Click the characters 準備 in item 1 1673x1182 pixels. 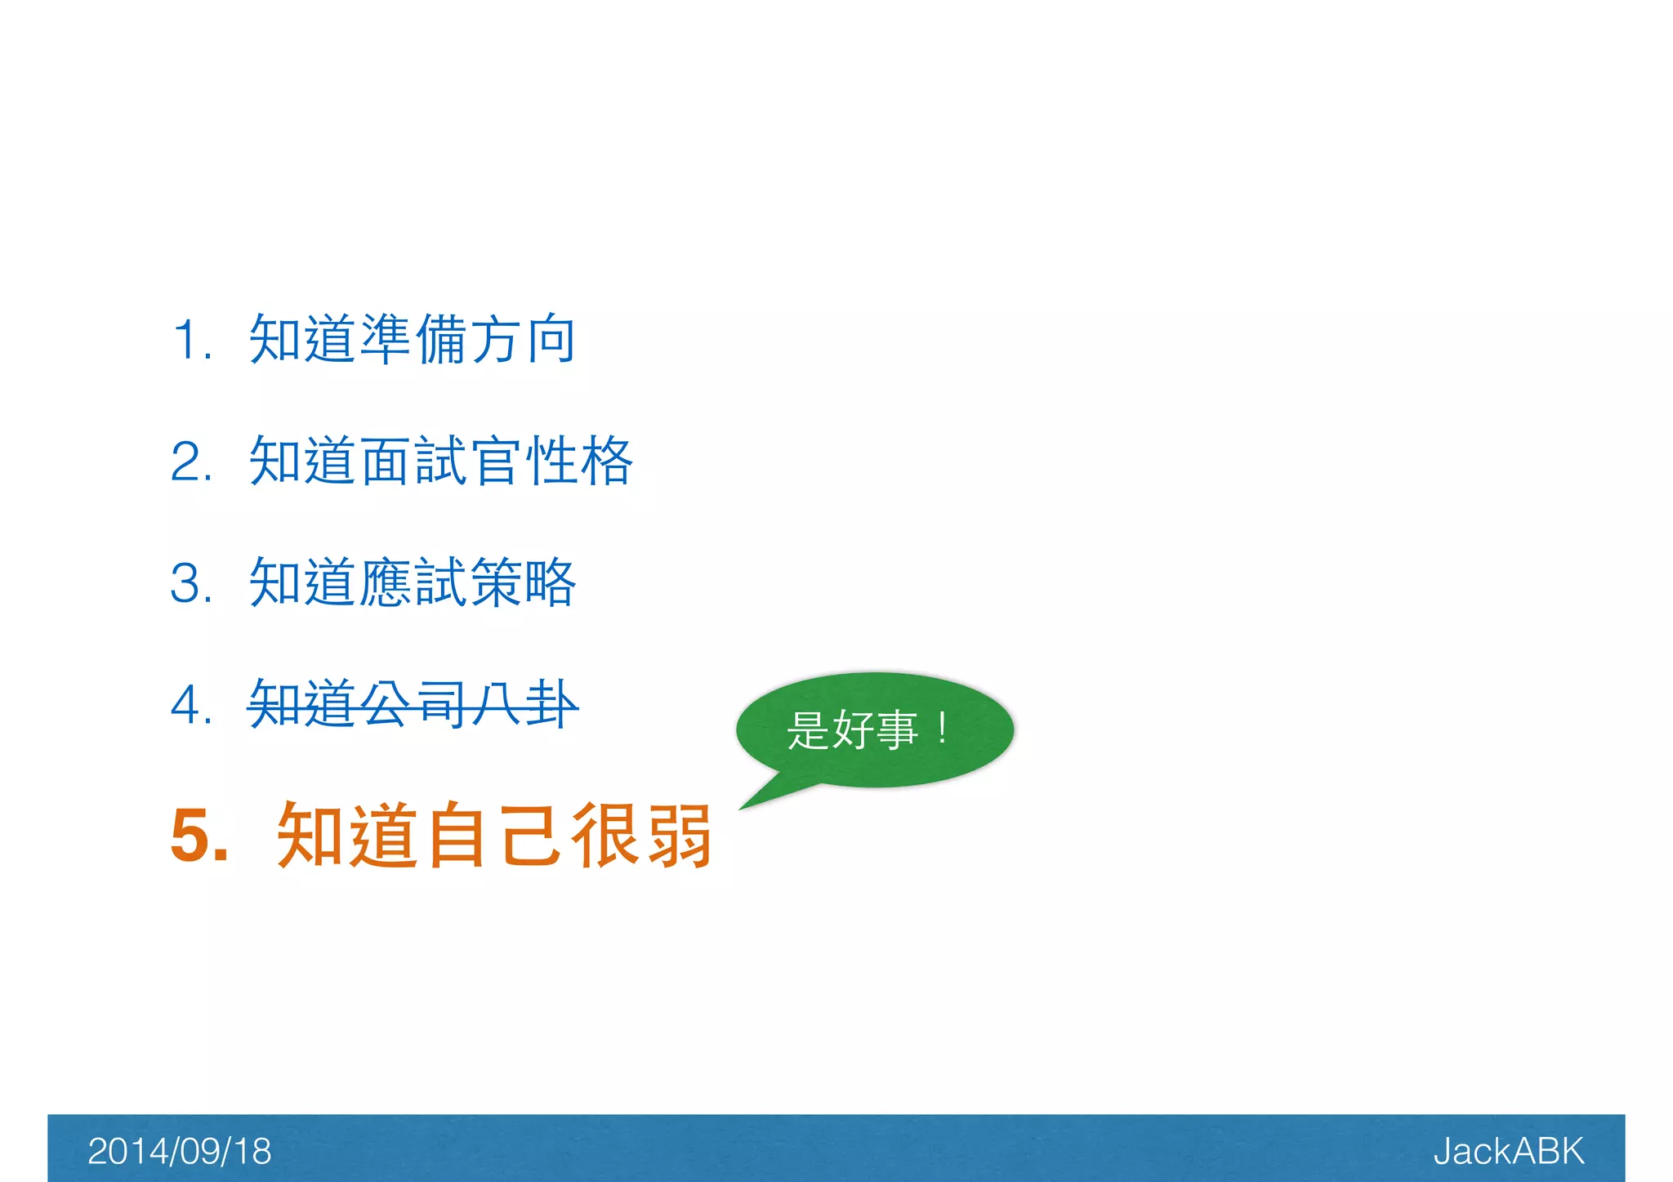click(413, 339)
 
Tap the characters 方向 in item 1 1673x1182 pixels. click(524, 339)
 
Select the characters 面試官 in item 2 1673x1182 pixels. click(440, 461)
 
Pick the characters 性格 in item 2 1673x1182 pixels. click(579, 461)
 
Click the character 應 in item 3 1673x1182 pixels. click(386, 582)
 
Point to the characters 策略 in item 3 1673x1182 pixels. click(524, 582)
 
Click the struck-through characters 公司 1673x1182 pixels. click(413, 704)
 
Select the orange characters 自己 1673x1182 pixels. click(495, 835)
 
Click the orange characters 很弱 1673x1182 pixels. click(642, 835)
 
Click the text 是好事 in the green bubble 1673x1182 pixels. click(852, 729)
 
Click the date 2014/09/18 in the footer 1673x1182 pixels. click(179, 1151)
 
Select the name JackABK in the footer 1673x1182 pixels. click(1508, 1151)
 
